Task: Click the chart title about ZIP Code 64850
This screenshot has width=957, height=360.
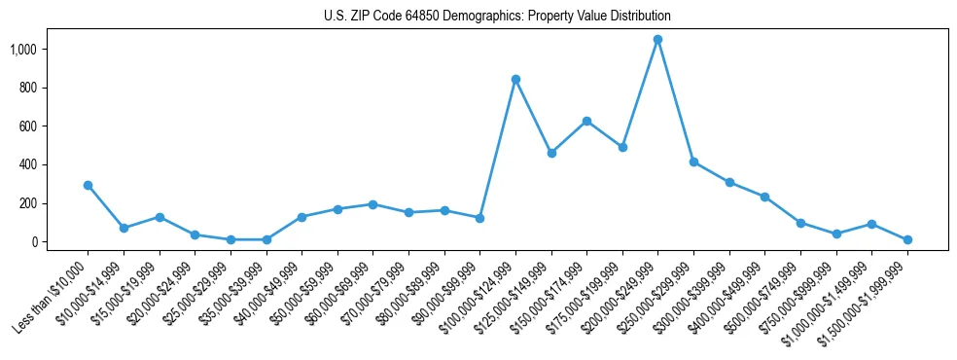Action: [497, 17]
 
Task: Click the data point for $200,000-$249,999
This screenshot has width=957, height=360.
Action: [658, 39]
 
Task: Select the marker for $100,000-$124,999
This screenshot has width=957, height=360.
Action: [515, 79]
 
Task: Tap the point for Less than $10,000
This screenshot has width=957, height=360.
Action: [88, 185]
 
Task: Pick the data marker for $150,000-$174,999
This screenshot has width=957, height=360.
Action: [586, 121]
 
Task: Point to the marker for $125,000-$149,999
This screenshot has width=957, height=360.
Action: [551, 153]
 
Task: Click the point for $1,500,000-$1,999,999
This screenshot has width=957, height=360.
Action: [907, 239]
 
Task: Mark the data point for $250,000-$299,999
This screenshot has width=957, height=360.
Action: [693, 162]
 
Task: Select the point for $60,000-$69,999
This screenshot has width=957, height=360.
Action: [372, 204]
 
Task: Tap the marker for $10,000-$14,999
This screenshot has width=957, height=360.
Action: [124, 228]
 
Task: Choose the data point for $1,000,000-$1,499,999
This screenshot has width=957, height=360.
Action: [871, 224]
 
